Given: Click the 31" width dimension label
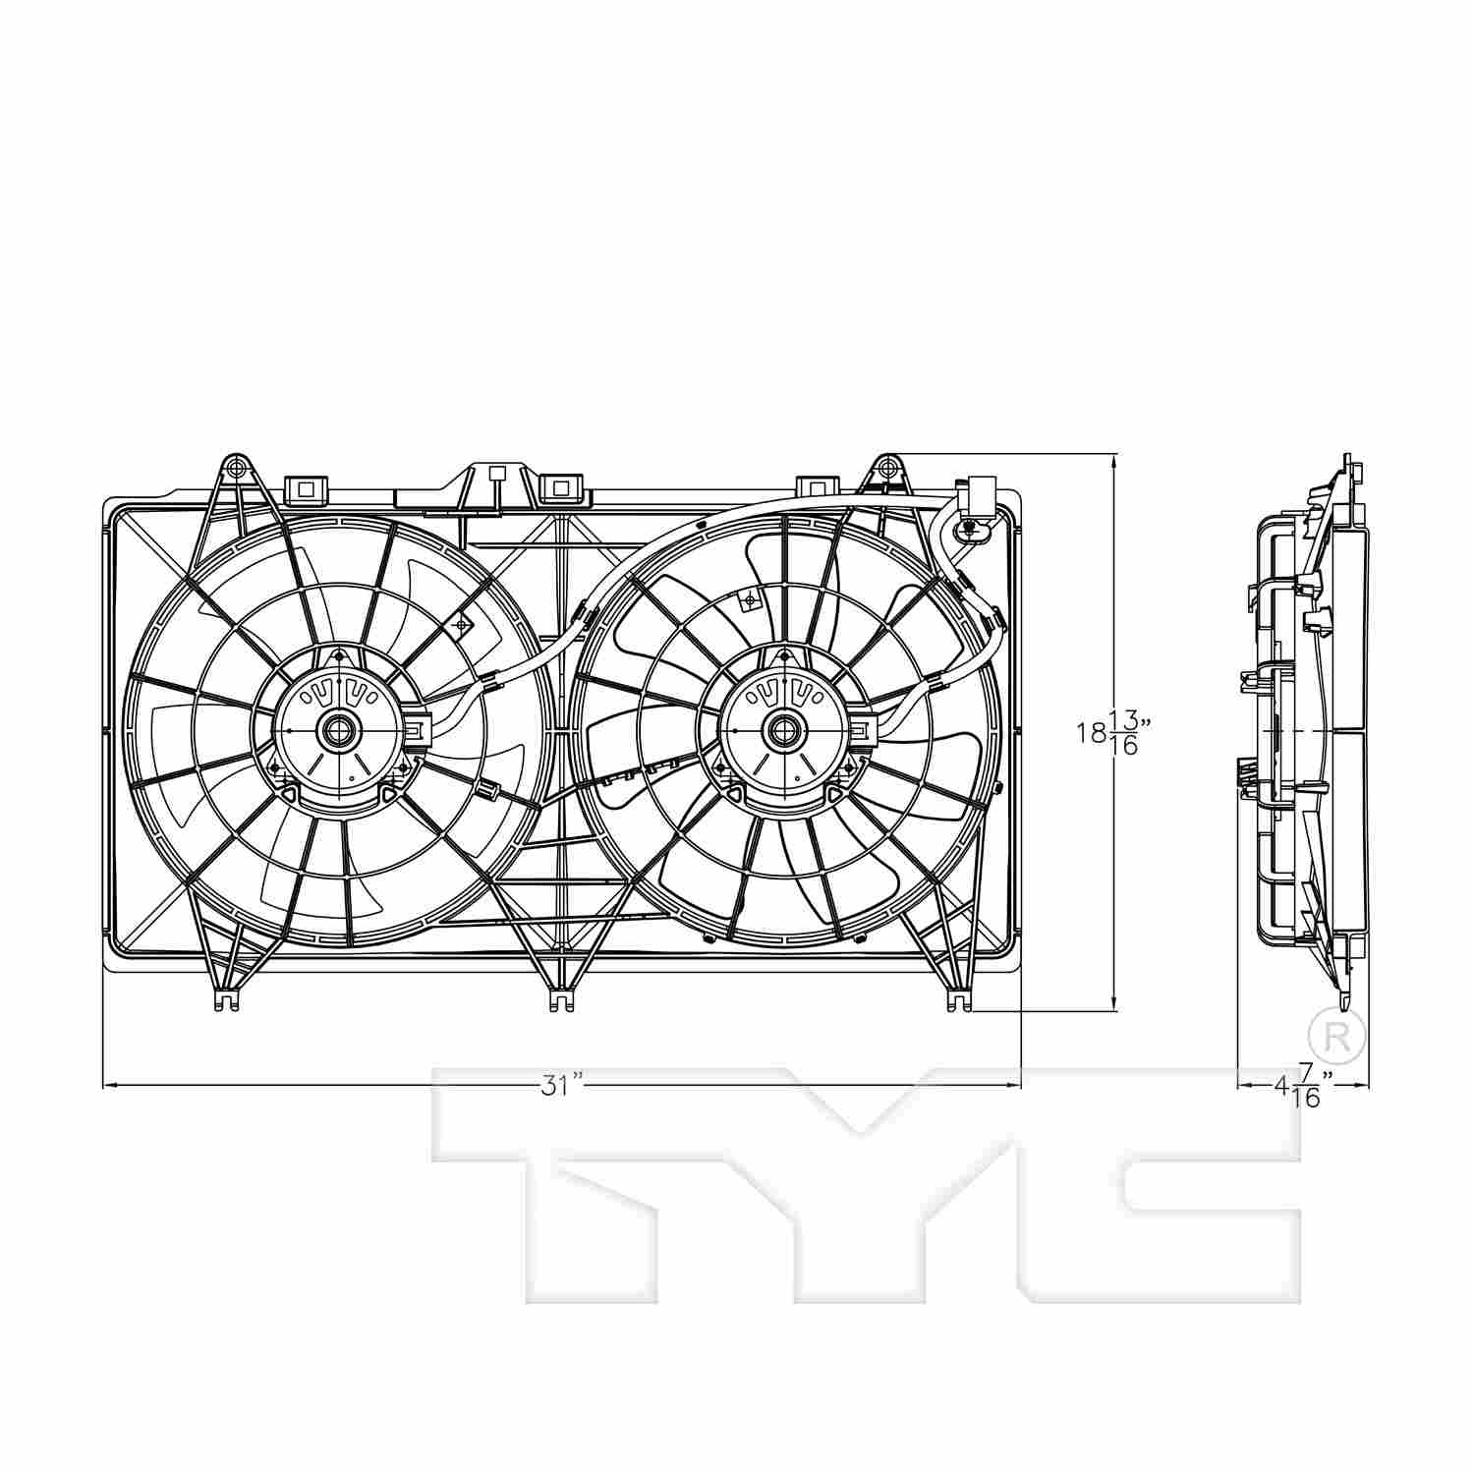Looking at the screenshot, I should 562,1085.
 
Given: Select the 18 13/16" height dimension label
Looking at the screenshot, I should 1112,732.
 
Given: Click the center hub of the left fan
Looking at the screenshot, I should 339,730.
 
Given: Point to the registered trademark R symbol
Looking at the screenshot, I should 1337,1034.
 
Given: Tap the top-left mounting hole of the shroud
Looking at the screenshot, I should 234,465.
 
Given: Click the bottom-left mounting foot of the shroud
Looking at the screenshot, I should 226,998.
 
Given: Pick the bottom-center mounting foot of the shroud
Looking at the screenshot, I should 560,998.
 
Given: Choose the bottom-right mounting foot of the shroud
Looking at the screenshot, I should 956,998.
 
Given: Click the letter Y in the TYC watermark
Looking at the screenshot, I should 865,1179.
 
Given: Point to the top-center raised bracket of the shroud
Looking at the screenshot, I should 496,482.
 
